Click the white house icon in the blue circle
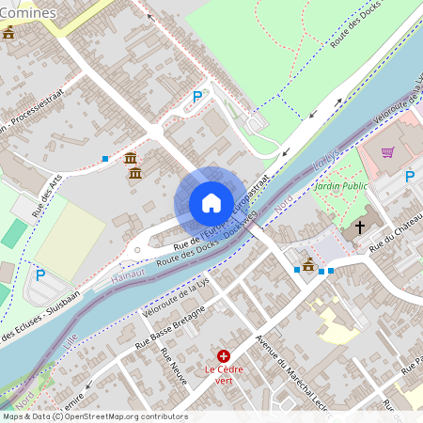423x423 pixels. click(211, 203)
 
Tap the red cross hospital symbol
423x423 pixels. click(224, 356)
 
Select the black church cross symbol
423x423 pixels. click(359, 227)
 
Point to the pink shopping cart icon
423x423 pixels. click(387, 152)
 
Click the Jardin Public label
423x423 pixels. click(340, 186)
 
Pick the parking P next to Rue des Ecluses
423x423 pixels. click(40, 275)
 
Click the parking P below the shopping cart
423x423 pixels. click(410, 176)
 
